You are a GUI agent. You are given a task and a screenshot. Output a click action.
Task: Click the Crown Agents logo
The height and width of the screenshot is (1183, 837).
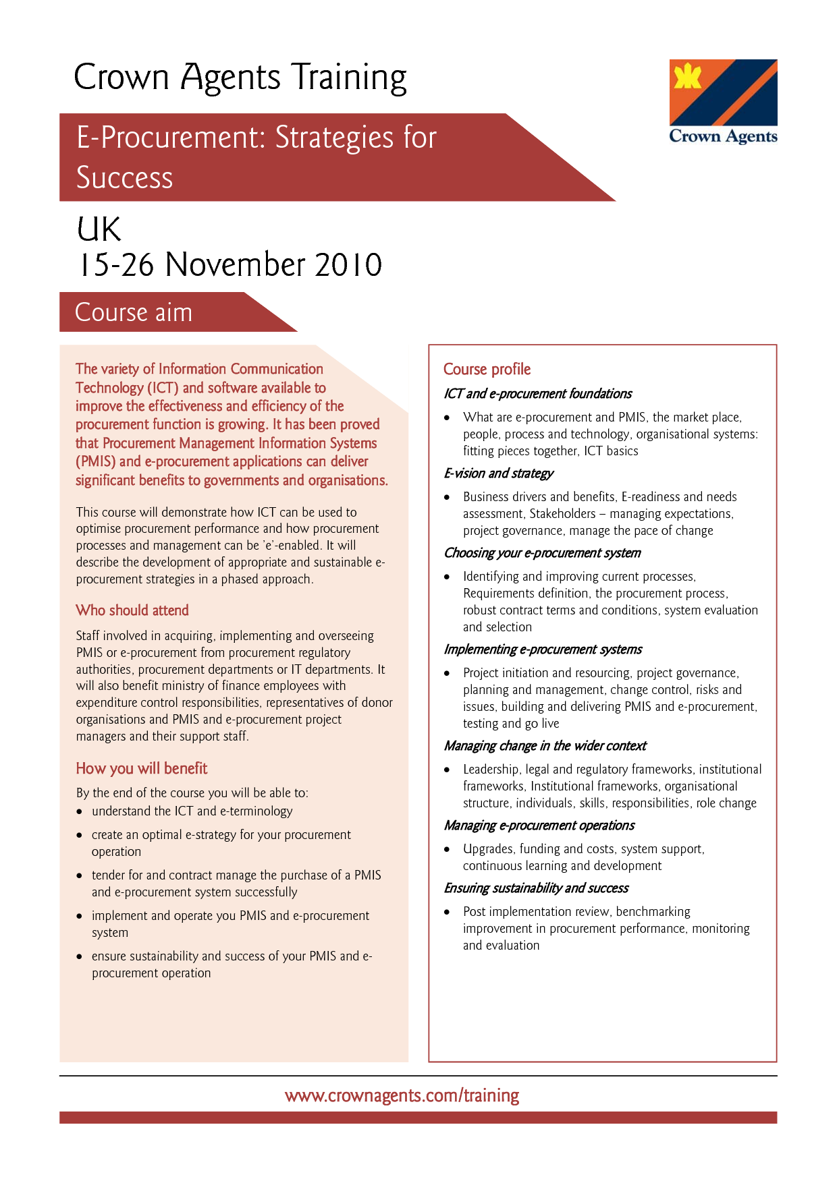pos(723,102)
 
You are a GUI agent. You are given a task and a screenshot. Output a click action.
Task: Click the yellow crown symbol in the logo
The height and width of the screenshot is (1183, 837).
pos(688,76)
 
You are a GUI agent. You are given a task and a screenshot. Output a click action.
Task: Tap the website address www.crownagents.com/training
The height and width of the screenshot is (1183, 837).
pos(402,1095)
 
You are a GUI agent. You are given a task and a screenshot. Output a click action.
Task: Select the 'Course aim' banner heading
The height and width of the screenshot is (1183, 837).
pos(134,312)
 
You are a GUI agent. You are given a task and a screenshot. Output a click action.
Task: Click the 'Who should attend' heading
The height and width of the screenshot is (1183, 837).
pos(132,610)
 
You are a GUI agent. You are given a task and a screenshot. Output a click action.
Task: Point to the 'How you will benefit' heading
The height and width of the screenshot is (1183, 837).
pos(142,769)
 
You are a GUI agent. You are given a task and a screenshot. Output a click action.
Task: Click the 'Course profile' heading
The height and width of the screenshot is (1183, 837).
pos(487,370)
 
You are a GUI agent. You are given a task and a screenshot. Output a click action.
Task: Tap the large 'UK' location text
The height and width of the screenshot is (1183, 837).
pos(99,229)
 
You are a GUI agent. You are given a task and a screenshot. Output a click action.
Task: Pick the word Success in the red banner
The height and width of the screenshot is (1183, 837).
pos(125,178)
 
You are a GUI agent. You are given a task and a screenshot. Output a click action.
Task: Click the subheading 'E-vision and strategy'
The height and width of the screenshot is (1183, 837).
pos(499,473)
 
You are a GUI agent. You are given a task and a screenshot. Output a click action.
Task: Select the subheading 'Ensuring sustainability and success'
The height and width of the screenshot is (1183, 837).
pos(536,888)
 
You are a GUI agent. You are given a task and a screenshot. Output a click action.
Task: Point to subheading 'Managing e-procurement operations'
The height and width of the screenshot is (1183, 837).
pos(539,826)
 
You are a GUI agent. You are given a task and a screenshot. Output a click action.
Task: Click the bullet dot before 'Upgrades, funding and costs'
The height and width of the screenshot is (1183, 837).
pos(447,849)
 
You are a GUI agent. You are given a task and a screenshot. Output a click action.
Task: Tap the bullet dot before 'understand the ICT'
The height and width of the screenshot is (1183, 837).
pos(80,811)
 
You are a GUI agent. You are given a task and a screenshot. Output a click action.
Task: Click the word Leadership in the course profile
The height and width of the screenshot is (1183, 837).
pos(491,770)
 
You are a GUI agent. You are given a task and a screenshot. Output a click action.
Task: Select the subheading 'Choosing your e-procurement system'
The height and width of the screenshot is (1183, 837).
pos(542,553)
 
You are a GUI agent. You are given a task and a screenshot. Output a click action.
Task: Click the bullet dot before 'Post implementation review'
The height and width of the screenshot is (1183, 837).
pos(447,912)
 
